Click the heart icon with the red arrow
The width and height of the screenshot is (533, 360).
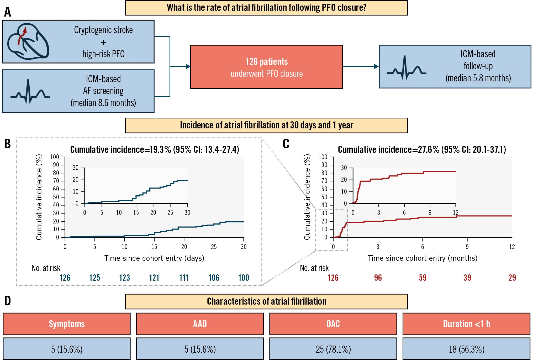[x=28, y=41]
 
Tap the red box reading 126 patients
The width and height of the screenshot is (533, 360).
[x=266, y=67]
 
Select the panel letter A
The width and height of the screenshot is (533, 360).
[x=8, y=12]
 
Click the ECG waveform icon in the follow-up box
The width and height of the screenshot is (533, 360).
[x=406, y=68]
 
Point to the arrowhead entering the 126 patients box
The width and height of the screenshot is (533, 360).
[x=188, y=67]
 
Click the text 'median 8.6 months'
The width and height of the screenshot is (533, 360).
[x=103, y=103]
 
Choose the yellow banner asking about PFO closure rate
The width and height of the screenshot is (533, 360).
[x=266, y=8]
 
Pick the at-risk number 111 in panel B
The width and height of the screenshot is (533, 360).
[x=184, y=278]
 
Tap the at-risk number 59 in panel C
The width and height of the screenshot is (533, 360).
[x=423, y=278]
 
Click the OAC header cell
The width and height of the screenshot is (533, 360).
[x=333, y=324]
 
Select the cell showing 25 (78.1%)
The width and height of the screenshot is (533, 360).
[x=333, y=349]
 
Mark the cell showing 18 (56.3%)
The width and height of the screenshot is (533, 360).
[x=466, y=349]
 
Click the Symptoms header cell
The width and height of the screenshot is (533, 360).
[x=67, y=324]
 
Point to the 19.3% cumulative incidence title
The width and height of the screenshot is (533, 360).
[x=155, y=149]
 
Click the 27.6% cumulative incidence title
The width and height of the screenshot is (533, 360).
[x=422, y=149]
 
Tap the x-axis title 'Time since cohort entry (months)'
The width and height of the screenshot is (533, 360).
[x=422, y=258]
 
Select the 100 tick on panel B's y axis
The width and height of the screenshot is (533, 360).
[x=55, y=157]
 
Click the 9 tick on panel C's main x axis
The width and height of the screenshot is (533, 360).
[x=467, y=247]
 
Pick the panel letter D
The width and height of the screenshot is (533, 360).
[x=8, y=301]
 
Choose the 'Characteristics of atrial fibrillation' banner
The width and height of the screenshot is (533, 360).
[x=266, y=301]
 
